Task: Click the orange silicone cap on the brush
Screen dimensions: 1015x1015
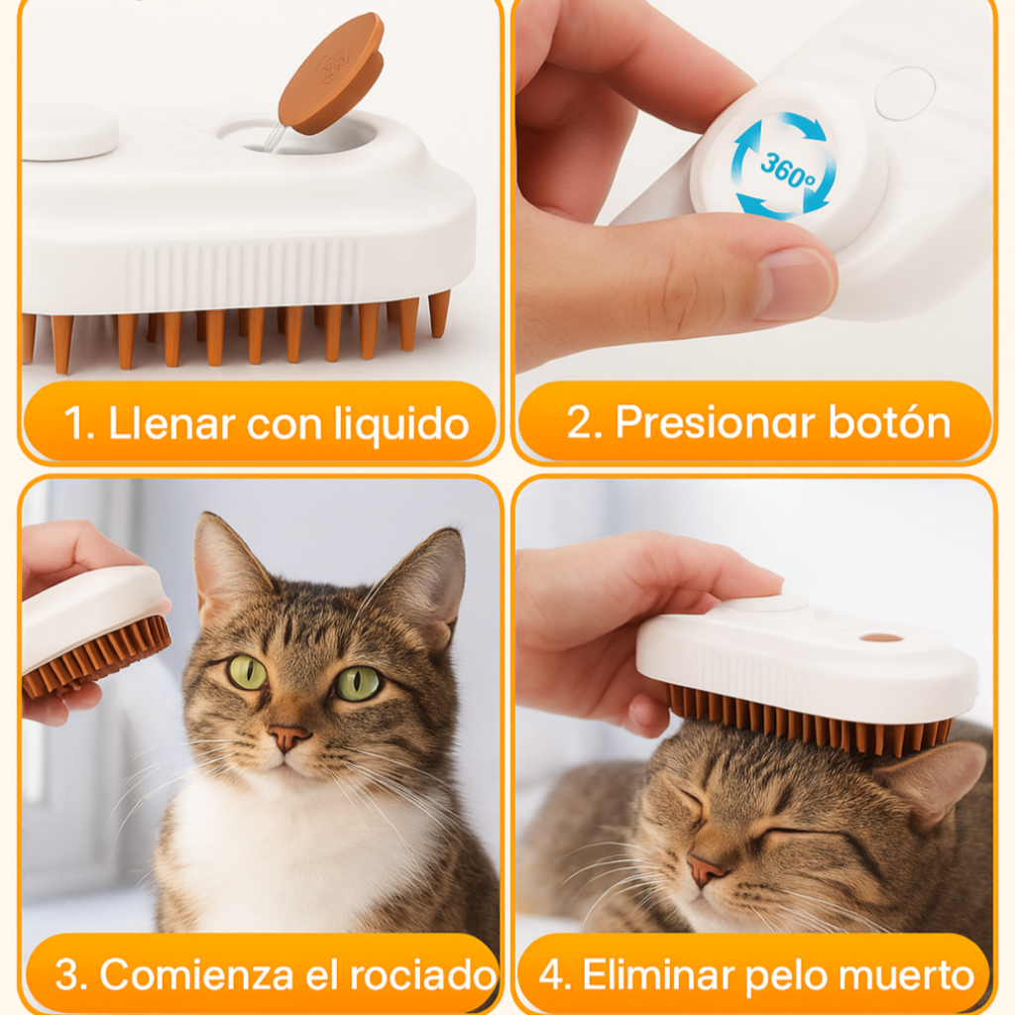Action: pos(331,73)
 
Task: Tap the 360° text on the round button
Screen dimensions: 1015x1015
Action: pos(787,166)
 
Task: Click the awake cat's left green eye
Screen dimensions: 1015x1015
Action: pos(247,672)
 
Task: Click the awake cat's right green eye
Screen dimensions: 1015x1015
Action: pos(358,682)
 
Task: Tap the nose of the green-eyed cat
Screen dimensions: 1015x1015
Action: pos(289,737)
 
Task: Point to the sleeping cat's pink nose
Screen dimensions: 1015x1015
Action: pos(705,870)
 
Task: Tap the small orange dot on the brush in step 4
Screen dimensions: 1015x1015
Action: pos(880,637)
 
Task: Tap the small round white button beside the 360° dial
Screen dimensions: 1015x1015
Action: pos(904,93)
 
